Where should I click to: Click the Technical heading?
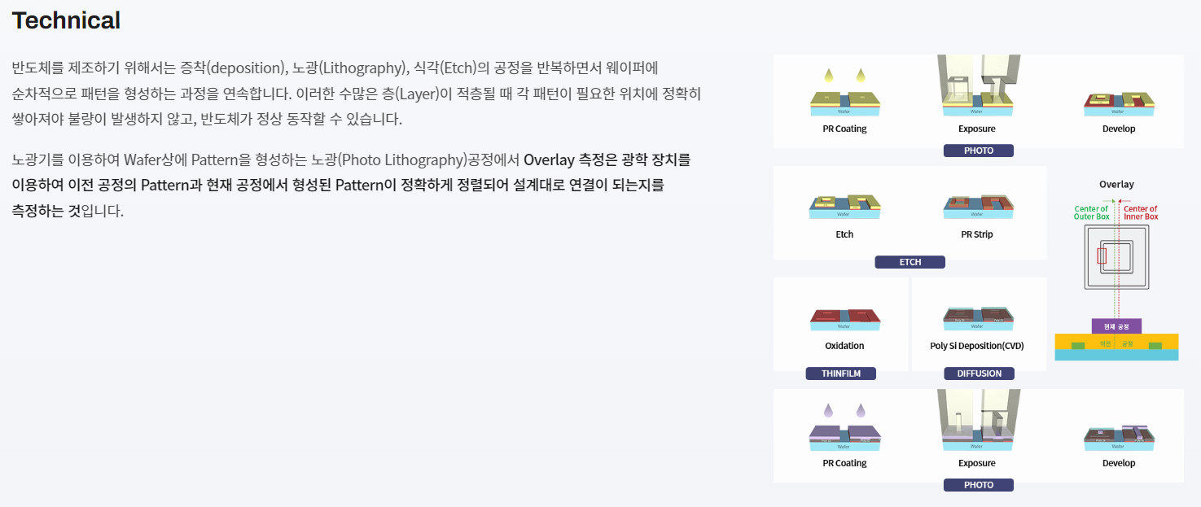point(66,20)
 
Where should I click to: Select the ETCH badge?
point(910,262)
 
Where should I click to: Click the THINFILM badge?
point(840,374)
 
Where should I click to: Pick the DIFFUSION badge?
point(979,374)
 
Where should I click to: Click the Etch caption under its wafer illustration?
point(844,234)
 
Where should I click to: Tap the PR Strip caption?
point(976,234)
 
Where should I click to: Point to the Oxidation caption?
point(844,346)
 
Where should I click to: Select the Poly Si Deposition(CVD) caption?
point(976,346)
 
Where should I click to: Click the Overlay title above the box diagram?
point(1116,185)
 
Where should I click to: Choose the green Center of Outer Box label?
point(1091,212)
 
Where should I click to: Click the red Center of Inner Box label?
point(1140,212)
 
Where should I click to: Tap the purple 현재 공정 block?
point(1116,326)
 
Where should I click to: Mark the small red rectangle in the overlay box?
point(1102,256)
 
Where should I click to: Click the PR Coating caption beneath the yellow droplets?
point(844,129)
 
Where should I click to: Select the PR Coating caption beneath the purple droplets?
point(844,463)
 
